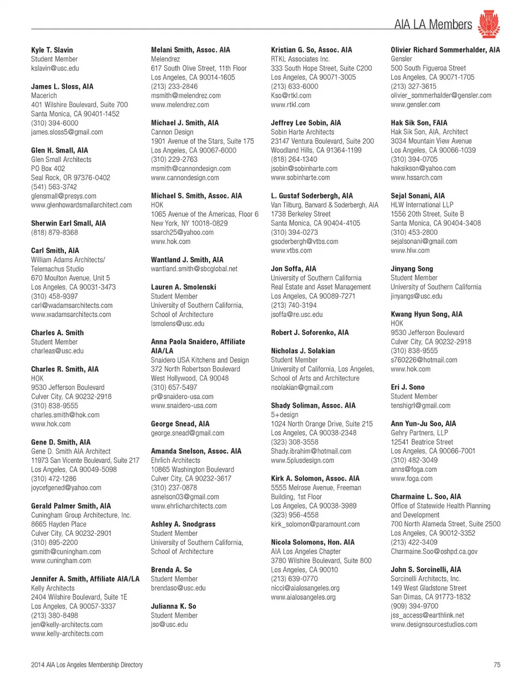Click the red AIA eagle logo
tap(488, 24)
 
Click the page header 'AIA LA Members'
tap(433, 24)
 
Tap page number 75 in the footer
tap(497, 665)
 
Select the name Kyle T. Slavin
tap(52, 50)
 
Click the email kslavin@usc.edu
tap(55, 68)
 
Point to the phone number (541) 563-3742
tap(55, 187)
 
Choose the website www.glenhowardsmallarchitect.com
tap(81, 205)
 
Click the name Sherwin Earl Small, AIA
tap(68, 223)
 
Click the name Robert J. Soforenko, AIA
tap(309, 332)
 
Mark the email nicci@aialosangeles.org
tap(305, 588)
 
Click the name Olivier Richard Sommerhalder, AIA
tap(445, 50)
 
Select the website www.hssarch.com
tap(416, 178)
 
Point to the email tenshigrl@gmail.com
tap(420, 405)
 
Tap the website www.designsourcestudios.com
tap(434, 624)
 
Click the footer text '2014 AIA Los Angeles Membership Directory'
tap(87, 665)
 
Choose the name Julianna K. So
tap(174, 606)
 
